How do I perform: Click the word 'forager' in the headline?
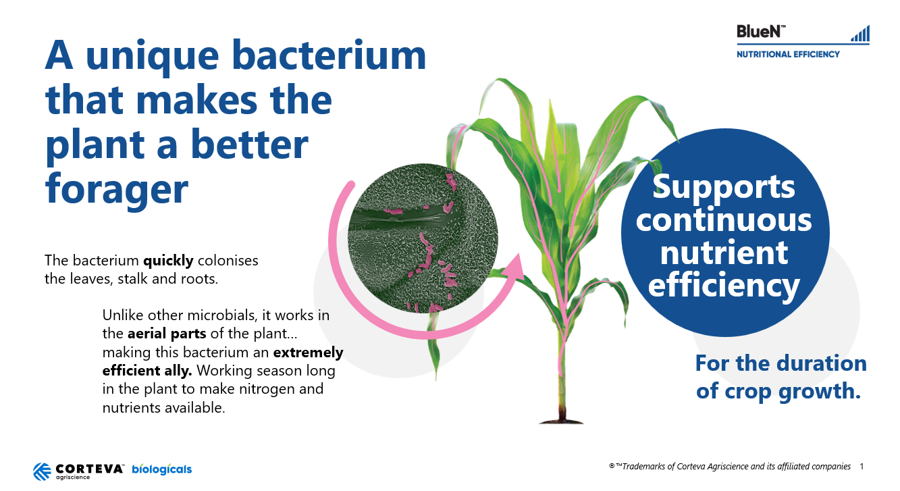coord(117,189)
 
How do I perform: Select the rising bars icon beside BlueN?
coord(860,33)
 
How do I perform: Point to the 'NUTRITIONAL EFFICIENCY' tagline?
coord(788,54)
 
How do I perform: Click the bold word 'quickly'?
coord(168,261)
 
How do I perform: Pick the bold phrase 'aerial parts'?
coord(167,334)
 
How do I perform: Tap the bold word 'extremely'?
coord(308,353)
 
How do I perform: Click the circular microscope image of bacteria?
coord(422,238)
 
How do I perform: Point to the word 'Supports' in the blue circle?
coord(724,188)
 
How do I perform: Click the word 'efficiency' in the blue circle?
coord(724,286)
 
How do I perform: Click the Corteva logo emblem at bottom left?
coord(42,471)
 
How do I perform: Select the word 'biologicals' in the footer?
coord(162,469)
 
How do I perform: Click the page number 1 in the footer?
coord(862,467)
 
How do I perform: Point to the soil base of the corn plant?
coord(561,419)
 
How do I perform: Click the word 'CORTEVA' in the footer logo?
coord(89,469)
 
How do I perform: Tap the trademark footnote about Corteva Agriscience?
coord(730,467)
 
